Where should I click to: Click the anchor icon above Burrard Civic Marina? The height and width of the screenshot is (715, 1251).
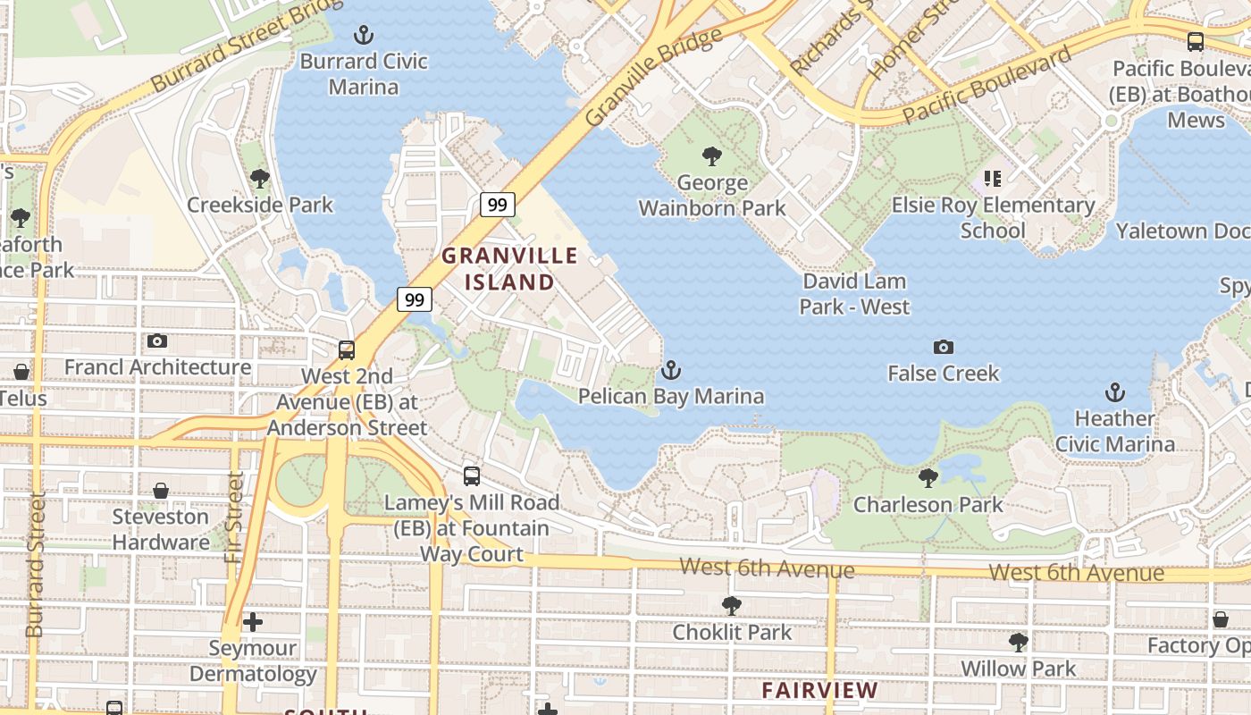tap(363, 36)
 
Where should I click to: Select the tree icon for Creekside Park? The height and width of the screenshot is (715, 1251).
tap(260, 179)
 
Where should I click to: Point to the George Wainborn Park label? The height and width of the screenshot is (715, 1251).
tap(712, 196)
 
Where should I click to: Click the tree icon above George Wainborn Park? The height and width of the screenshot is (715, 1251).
tap(712, 157)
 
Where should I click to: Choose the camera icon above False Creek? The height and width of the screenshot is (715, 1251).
tap(943, 347)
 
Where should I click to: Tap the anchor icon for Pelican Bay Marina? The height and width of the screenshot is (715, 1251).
tap(670, 370)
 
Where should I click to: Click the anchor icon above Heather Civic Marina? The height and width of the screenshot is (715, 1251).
tap(1114, 391)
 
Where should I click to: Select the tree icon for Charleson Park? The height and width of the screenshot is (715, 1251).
tap(928, 478)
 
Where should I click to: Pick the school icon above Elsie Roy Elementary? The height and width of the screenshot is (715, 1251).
tap(993, 179)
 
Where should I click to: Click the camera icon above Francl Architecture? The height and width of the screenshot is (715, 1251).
tap(157, 341)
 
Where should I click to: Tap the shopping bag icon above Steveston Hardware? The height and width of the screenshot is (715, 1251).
tap(161, 491)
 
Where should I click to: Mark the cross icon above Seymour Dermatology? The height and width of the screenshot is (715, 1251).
tap(253, 621)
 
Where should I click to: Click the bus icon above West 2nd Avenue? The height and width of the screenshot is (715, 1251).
tap(347, 350)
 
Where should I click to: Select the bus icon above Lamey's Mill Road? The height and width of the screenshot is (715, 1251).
tap(472, 476)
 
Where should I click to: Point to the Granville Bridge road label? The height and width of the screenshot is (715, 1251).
tap(653, 77)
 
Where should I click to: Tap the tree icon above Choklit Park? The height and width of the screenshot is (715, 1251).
tap(732, 606)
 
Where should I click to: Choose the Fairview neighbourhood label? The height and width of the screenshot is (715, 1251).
tap(819, 690)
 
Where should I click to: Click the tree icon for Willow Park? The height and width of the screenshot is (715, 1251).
tap(1018, 642)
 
